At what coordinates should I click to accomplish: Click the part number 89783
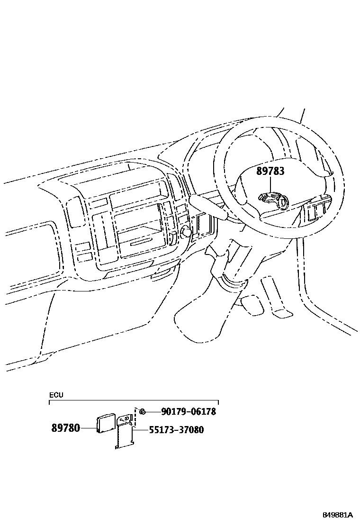point(270,171)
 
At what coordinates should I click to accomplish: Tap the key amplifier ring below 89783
point(283,202)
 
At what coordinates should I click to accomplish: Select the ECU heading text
point(56,395)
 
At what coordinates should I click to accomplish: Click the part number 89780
point(65,428)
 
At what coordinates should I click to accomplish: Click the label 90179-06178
point(188,412)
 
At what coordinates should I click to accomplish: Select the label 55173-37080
point(176,430)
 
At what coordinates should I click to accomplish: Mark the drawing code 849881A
point(338,515)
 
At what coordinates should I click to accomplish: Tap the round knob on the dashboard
point(186,232)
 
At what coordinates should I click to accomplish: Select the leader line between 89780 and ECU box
point(88,428)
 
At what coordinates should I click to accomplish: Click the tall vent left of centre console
point(73,212)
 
